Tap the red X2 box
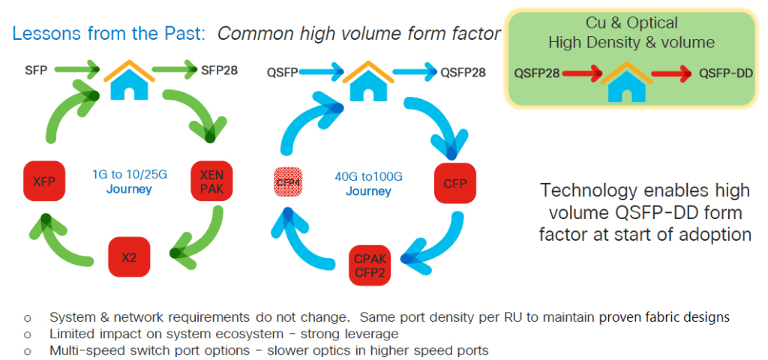130,256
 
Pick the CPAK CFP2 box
370,265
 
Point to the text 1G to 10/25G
128,175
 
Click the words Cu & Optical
631,23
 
